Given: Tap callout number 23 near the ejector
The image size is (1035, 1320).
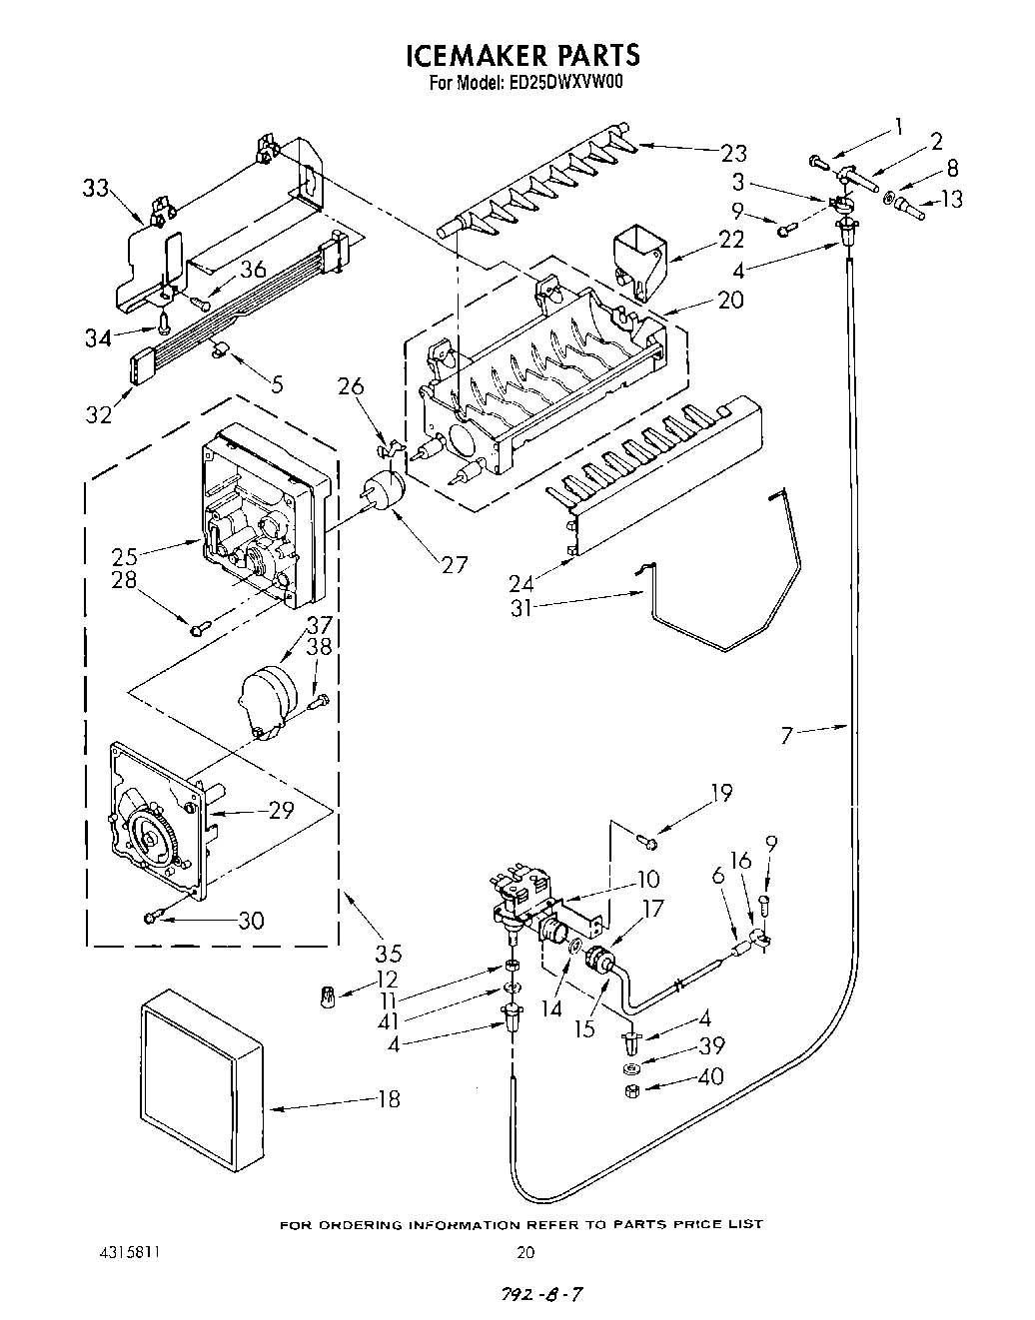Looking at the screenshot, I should [x=733, y=153].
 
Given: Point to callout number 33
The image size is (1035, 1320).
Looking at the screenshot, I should [x=95, y=189].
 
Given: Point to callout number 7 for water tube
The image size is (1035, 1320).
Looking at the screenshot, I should [x=787, y=736].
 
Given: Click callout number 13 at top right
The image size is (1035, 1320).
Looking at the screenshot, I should [x=952, y=199].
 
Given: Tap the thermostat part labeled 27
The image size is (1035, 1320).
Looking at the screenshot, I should [x=382, y=493].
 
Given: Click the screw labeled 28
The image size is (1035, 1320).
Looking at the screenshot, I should [x=200, y=627].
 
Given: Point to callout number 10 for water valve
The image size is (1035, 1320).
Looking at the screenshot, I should [x=648, y=879].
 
